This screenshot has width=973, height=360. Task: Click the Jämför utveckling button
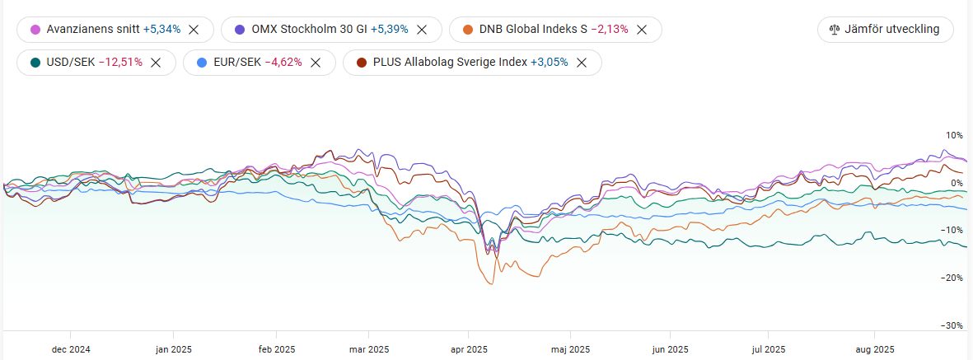pos(885,30)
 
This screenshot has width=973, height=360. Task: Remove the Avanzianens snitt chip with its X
pos(194,30)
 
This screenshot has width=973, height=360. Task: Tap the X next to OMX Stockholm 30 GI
pos(421,30)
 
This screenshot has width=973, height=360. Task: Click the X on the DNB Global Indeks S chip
pos(642,30)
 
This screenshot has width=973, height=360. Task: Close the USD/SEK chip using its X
pos(156,62)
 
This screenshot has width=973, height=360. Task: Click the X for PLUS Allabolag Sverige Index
pos(582,62)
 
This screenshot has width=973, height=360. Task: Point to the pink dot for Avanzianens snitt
pos(35,30)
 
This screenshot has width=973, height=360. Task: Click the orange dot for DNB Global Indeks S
pos(467,30)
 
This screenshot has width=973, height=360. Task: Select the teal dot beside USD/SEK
pos(35,62)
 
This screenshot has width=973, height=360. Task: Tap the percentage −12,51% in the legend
pos(120,62)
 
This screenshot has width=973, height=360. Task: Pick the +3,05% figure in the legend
pos(549,62)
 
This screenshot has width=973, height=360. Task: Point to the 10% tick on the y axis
pos(954,135)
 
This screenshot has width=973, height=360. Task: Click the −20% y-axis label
pos(952,278)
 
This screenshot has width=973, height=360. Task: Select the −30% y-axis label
pos(952,325)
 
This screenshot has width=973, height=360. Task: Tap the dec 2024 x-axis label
pos(71,349)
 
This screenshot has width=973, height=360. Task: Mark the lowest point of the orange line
pos(492,284)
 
